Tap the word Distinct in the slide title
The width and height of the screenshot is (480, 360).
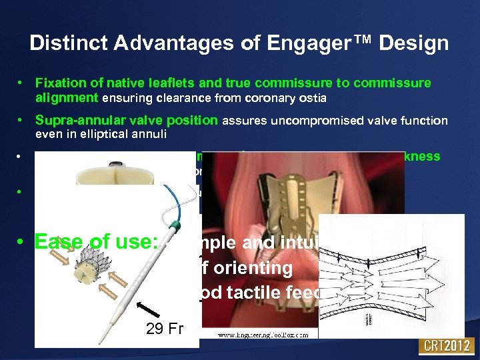(68, 44)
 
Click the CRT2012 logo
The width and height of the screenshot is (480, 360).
(445, 346)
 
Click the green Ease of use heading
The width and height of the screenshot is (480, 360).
(95, 243)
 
